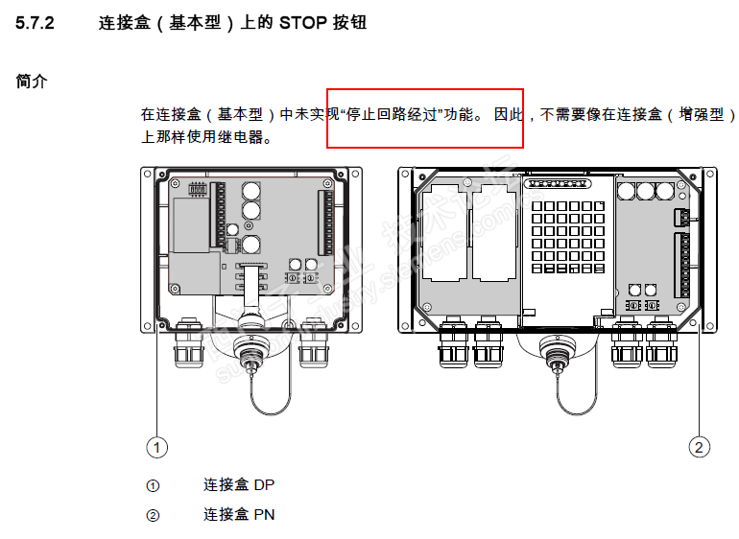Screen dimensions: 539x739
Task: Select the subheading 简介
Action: (31, 82)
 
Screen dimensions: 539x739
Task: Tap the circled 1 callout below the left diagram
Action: (156, 446)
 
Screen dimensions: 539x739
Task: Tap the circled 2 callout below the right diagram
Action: (701, 446)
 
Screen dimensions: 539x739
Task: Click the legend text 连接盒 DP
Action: (239, 485)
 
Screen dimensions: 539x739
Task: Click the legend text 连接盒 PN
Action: (239, 515)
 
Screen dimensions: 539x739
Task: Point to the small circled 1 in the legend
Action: (153, 486)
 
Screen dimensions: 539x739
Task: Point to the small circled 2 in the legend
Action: (153, 516)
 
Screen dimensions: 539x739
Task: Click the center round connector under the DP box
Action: (251, 348)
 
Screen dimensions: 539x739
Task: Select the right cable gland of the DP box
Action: (314, 342)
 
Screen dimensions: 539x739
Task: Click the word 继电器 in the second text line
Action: (249, 137)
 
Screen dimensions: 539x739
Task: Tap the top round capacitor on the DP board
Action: (251, 191)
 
